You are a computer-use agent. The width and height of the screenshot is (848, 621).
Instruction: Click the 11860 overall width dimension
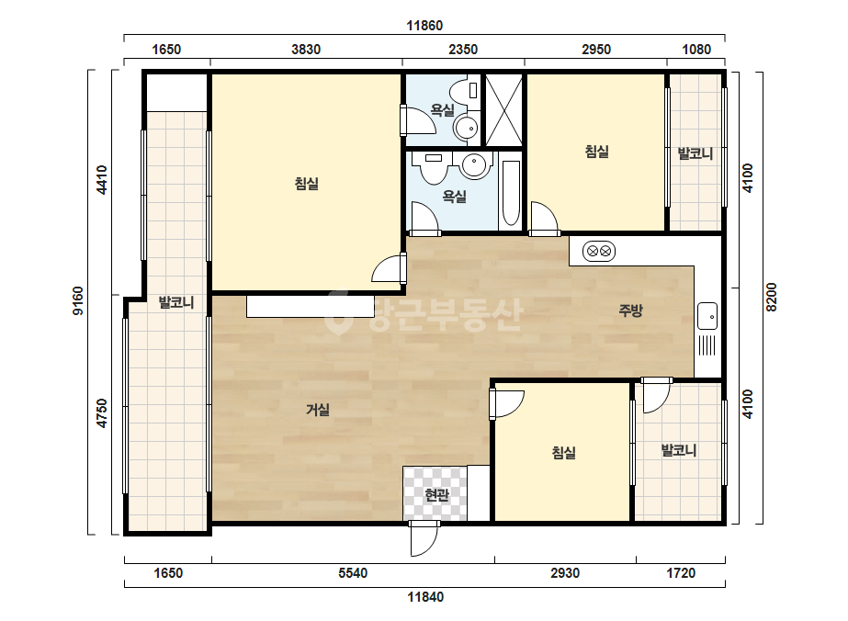tap(424, 26)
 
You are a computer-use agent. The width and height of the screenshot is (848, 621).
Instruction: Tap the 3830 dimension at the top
tap(306, 50)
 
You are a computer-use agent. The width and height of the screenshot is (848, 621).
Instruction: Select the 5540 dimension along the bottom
tap(353, 573)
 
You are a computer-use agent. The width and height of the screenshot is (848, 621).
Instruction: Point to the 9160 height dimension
tap(78, 301)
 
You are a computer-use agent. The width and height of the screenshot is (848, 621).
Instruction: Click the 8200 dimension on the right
tap(771, 297)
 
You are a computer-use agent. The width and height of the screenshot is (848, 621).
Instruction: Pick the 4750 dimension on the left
tap(102, 413)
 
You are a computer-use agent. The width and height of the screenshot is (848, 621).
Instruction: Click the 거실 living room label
tap(318, 410)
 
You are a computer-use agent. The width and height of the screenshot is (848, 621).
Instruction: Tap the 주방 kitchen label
tap(630, 310)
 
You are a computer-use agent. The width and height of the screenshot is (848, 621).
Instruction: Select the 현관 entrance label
tap(436, 494)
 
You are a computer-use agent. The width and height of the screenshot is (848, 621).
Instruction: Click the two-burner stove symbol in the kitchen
tap(599, 251)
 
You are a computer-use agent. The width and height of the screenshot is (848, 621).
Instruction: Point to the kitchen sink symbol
tap(707, 316)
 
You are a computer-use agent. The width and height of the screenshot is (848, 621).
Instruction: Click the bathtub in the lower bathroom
tap(510, 193)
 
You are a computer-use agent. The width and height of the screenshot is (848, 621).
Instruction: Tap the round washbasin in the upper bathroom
tap(466, 129)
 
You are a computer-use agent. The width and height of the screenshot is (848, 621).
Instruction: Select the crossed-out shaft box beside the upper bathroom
tap(504, 110)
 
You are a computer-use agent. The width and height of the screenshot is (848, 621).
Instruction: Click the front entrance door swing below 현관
tap(424, 538)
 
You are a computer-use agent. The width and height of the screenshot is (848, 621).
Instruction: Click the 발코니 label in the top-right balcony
tap(695, 153)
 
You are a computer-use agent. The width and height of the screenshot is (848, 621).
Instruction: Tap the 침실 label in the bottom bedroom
tap(563, 452)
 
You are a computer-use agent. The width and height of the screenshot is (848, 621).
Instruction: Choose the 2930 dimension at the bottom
tap(565, 573)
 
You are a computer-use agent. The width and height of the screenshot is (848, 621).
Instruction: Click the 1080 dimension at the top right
tap(696, 50)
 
